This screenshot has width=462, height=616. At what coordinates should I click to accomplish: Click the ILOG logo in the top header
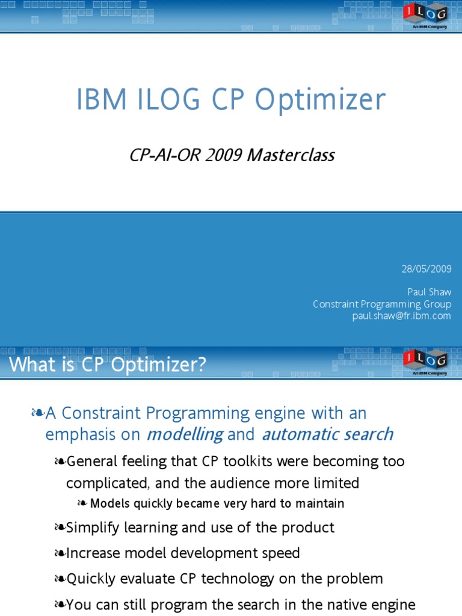pyautogui.click(x=425, y=13)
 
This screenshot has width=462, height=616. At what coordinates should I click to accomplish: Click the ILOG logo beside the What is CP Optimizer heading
pyautogui.click(x=425, y=360)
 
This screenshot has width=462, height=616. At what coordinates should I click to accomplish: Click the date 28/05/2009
pyautogui.click(x=427, y=268)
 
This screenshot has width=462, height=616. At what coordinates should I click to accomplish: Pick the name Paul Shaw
pyautogui.click(x=429, y=292)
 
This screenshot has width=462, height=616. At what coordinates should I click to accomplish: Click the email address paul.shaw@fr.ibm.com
pyautogui.click(x=401, y=316)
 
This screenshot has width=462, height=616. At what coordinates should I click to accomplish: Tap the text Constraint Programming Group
pyautogui.click(x=382, y=304)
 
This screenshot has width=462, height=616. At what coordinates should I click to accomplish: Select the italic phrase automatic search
pyautogui.click(x=327, y=434)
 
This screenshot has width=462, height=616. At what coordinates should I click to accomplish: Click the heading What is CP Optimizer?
pyautogui.click(x=107, y=365)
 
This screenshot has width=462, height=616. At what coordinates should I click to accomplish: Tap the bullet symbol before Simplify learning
pyautogui.click(x=59, y=528)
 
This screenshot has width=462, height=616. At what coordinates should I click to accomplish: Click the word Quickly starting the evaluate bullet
pyautogui.click(x=91, y=579)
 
